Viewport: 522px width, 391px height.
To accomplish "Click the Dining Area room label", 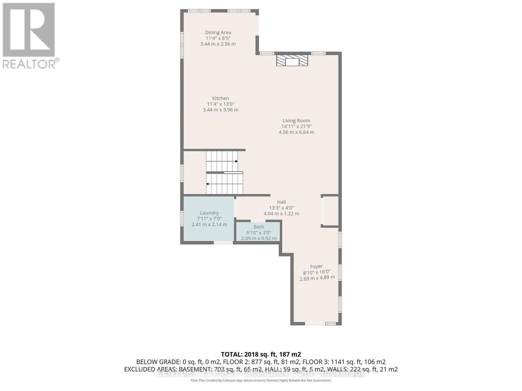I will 218,32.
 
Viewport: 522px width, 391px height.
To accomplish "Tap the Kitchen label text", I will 221,98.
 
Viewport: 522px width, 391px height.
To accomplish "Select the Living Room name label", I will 296,121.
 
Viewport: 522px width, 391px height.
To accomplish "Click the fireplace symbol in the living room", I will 292,61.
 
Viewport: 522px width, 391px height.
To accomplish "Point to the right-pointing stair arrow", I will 236,161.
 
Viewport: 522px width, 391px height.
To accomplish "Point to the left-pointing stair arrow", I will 208,184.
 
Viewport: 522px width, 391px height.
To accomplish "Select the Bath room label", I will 259,227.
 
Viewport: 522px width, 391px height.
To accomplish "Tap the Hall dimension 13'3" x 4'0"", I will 281,208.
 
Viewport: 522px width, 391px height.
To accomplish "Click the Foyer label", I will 316,266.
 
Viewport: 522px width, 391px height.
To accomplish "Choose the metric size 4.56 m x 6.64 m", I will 296,132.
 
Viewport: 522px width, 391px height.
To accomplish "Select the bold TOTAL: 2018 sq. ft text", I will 261,354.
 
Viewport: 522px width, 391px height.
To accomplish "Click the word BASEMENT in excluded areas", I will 195,369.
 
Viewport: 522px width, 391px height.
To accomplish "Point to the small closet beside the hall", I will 330,211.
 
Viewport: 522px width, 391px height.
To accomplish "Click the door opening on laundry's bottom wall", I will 223,242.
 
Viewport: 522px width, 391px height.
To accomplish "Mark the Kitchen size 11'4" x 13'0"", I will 221,104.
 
